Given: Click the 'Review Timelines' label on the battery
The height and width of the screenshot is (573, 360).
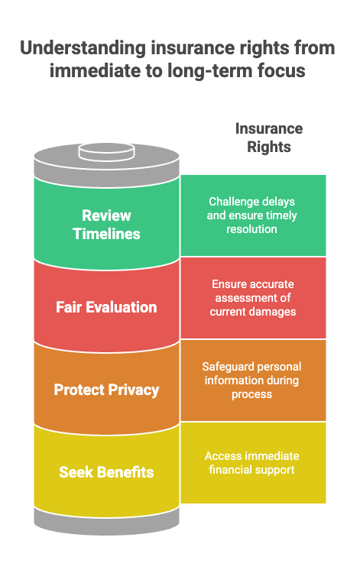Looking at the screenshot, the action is click(106, 225).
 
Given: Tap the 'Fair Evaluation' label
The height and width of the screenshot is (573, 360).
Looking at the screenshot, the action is click(106, 307).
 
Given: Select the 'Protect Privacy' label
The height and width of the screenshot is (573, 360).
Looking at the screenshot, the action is click(106, 390).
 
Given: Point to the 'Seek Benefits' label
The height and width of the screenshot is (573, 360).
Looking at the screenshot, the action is click(106, 472).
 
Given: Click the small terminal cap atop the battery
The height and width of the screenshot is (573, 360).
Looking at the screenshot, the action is click(107, 152).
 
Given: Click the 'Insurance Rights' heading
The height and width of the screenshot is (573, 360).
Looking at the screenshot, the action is click(269, 138).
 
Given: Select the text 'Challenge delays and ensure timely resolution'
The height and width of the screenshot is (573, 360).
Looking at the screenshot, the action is click(251, 215).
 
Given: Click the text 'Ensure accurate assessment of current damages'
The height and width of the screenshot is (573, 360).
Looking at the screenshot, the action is click(253, 298).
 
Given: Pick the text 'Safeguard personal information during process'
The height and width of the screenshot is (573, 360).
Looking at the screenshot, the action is click(251, 380).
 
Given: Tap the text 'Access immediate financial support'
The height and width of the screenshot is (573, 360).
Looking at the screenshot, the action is click(251, 463).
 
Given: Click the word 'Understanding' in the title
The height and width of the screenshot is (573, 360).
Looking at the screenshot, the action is click(83, 49).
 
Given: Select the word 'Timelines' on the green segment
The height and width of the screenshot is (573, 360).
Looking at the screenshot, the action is click(106, 234).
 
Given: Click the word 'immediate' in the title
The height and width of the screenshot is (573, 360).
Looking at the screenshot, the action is click(95, 71).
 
